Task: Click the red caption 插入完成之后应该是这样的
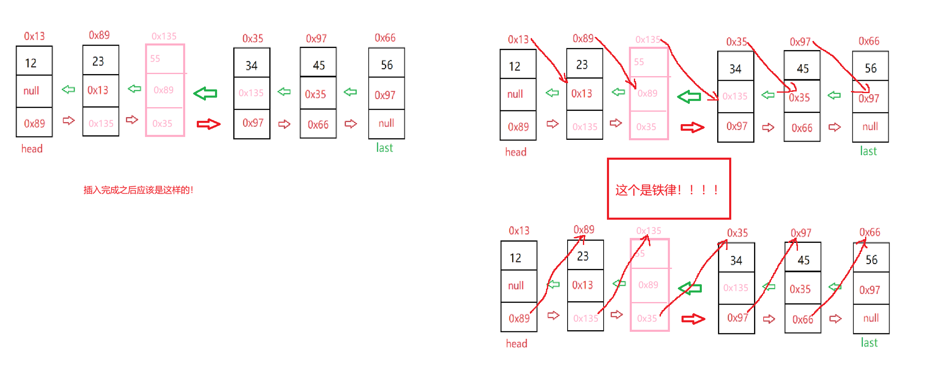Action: [x=138, y=190]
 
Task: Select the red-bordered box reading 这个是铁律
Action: [x=669, y=189]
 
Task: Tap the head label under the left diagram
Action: [x=32, y=149]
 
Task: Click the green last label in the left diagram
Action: [x=384, y=148]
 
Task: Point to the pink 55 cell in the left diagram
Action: [x=165, y=59]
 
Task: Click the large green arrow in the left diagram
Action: [x=205, y=94]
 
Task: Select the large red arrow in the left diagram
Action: [x=208, y=124]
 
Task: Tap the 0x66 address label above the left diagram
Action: [x=385, y=38]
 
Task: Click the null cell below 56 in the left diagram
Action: [x=386, y=123]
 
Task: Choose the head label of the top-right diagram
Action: [x=516, y=152]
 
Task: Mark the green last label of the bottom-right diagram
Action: [x=869, y=343]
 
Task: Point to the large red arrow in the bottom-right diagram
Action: [x=693, y=319]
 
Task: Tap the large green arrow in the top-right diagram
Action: [x=689, y=97]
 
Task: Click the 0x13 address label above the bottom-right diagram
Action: [x=519, y=230]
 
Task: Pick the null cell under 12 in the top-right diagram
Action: [x=517, y=94]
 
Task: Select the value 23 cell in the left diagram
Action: [x=101, y=61]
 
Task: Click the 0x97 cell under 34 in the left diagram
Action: [x=252, y=123]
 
